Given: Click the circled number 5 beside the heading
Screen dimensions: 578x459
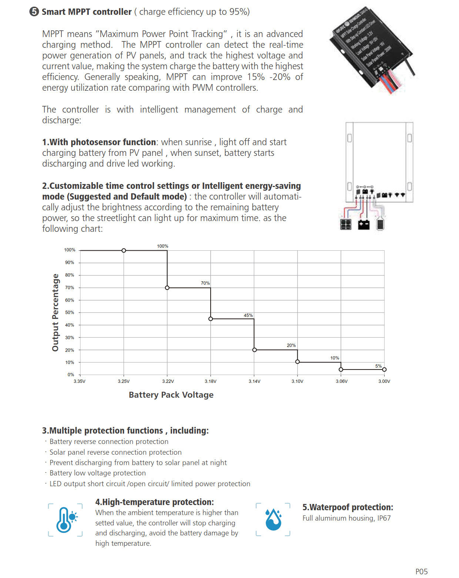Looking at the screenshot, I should point(34,11).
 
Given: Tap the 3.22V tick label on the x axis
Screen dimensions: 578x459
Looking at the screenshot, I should point(168,381).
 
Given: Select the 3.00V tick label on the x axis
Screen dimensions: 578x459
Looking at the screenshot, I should point(384,381).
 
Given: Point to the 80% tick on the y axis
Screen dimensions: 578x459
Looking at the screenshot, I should point(70,275).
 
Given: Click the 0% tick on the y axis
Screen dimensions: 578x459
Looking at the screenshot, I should point(71,375).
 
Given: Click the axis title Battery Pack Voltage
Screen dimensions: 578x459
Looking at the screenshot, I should point(171,395).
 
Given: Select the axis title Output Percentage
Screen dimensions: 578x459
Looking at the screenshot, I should point(56,313).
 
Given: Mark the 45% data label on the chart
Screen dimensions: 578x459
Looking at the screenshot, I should point(248,315).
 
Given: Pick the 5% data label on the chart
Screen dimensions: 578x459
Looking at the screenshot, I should point(378,366).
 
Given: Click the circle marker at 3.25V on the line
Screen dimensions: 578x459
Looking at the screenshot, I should point(124,251).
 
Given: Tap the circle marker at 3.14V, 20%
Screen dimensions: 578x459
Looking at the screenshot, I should point(254,350).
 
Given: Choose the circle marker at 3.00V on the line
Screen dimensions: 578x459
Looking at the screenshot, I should point(384,370).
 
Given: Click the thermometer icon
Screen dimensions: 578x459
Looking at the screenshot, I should point(65,519).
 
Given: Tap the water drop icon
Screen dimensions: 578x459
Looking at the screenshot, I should point(273,519).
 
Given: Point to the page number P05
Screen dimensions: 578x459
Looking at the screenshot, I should point(421,571).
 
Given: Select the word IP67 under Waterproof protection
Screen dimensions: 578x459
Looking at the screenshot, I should point(384,518).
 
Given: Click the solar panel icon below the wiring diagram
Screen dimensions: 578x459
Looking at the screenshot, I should point(346,224).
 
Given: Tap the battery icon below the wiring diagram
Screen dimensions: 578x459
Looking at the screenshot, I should point(364,224).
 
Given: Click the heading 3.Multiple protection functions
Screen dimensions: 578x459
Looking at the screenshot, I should point(125,431).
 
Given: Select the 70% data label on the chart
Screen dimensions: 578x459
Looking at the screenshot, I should point(205,283).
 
